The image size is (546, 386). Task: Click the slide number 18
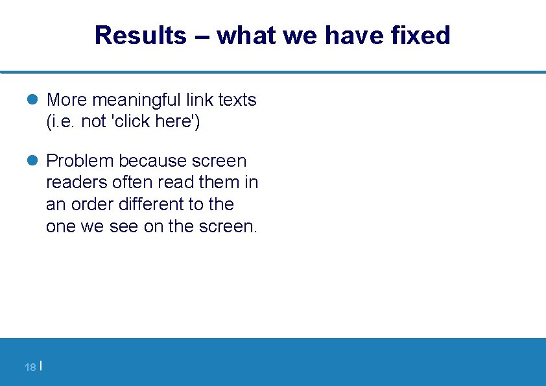point(30,368)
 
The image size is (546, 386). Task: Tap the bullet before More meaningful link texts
point(34,100)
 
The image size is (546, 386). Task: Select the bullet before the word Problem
point(34,160)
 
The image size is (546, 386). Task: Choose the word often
point(130,182)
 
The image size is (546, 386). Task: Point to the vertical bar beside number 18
point(41,367)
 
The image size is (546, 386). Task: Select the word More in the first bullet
point(67,100)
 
